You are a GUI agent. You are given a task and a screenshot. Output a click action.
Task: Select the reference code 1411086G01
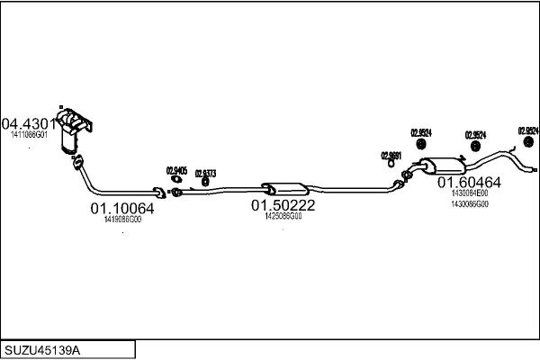pyautogui.click(x=29, y=135)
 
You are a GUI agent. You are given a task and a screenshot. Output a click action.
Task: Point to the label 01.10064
pyautogui.click(x=122, y=209)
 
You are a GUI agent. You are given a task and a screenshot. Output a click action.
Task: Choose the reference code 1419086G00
pyautogui.click(x=122, y=219)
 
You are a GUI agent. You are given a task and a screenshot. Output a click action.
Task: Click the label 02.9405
pyautogui.click(x=176, y=170)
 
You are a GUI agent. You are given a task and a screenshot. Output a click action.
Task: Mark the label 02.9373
pyautogui.click(x=205, y=173)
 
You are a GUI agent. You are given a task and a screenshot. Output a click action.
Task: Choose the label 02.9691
pyautogui.click(x=390, y=155)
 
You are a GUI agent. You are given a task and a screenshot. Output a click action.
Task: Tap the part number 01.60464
pyautogui.click(x=469, y=183)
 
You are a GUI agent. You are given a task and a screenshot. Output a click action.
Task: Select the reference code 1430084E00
pyautogui.click(x=469, y=193)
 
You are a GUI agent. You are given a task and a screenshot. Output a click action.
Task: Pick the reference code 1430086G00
pyautogui.click(x=469, y=204)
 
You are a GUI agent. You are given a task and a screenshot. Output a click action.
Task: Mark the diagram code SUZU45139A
pyautogui.click(x=44, y=348)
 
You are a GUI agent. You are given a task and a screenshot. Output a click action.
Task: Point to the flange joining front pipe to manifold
pyautogui.click(x=77, y=161)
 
